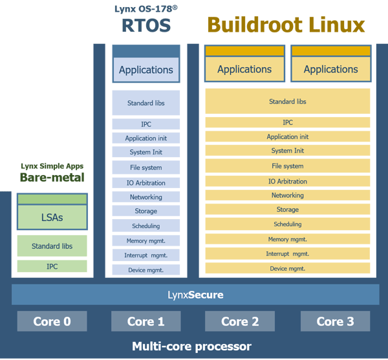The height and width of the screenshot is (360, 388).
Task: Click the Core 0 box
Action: (x=52, y=321)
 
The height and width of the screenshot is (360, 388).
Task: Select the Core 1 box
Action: (x=145, y=321)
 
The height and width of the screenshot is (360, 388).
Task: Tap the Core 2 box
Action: (x=239, y=321)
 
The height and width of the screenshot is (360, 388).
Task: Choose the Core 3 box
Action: (x=334, y=321)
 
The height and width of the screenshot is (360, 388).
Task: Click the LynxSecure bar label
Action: (x=195, y=295)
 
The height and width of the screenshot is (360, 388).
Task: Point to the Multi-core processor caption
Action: (x=191, y=346)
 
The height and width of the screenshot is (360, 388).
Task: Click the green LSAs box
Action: (x=52, y=217)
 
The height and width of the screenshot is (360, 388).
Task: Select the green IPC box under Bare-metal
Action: (x=52, y=266)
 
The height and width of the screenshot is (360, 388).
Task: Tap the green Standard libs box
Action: (x=52, y=246)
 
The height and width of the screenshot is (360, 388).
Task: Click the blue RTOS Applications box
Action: (x=146, y=70)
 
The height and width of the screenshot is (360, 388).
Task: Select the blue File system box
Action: (x=145, y=167)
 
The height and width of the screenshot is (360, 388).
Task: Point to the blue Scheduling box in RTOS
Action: (x=145, y=226)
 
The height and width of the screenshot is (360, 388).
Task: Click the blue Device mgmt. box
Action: (x=145, y=270)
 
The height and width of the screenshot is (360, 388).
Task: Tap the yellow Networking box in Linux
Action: (x=287, y=195)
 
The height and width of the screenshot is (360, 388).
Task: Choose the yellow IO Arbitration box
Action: (x=287, y=181)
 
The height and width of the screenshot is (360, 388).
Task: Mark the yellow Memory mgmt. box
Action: (x=287, y=239)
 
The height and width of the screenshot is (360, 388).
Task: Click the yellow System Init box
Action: (x=287, y=151)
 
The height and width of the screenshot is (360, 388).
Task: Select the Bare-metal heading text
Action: (x=52, y=177)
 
